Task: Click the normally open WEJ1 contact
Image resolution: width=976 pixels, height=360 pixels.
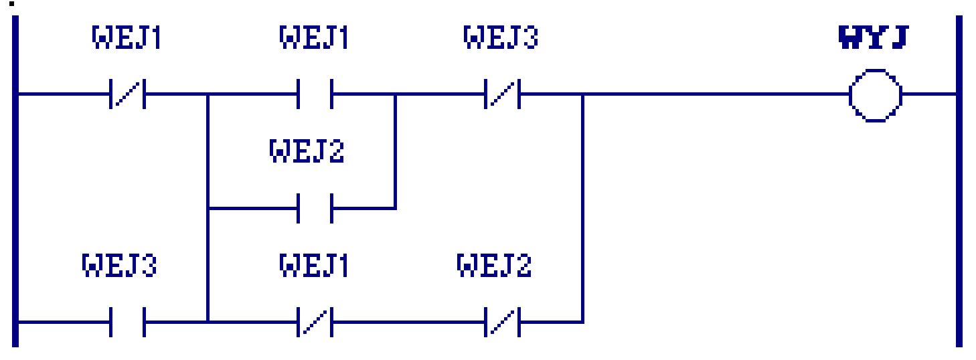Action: click(x=315, y=94)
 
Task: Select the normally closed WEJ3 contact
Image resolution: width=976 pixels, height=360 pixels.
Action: click(x=502, y=94)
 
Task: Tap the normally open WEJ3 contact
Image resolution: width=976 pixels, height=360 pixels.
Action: click(x=128, y=322)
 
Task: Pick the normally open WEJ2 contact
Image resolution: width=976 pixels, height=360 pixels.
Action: click(x=315, y=209)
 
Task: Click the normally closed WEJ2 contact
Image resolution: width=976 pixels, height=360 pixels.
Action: click(x=502, y=322)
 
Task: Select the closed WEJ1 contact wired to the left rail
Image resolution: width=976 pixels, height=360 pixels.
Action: click(x=128, y=94)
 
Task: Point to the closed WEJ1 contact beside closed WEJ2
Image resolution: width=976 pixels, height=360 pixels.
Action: click(x=315, y=322)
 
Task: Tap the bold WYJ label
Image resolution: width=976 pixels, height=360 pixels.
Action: click(x=874, y=37)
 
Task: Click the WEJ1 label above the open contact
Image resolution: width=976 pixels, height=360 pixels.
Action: click(x=314, y=37)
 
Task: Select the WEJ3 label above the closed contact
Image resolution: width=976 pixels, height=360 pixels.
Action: click(x=501, y=37)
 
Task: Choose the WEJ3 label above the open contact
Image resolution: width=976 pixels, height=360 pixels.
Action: click(x=119, y=265)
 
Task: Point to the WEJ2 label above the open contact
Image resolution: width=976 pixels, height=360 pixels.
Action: click(x=307, y=151)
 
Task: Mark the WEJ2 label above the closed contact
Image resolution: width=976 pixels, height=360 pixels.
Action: click(x=495, y=265)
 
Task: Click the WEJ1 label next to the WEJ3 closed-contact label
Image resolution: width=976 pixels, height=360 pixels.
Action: click(x=314, y=37)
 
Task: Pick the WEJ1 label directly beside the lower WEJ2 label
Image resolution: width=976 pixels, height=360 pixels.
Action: click(x=314, y=265)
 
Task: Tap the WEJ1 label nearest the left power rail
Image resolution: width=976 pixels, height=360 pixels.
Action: click(x=127, y=37)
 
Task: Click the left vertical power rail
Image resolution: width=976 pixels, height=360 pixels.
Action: click(x=15, y=181)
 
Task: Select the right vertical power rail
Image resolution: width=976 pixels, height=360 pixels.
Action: click(x=959, y=181)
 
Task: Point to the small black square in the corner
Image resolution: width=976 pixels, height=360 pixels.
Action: click(x=12, y=4)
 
